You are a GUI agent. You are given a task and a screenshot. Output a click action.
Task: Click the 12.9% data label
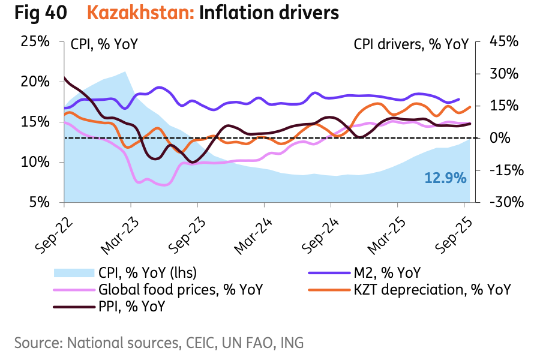tap(445, 178)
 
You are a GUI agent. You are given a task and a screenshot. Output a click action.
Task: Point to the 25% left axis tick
tap(35, 41)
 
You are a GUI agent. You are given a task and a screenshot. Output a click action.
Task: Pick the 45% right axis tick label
tap(504, 41)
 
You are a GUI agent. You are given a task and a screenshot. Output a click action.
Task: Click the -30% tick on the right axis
tap(505, 203)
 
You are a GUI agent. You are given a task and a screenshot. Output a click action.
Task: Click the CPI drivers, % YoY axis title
tap(411, 44)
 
